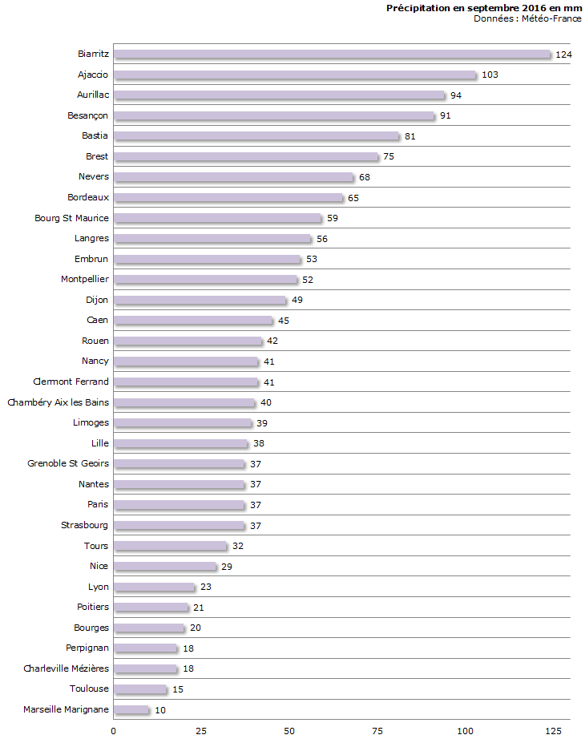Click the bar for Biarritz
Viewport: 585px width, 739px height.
[x=332, y=55]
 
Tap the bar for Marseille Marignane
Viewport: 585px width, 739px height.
[x=131, y=709]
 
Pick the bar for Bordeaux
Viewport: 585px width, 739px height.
[x=228, y=197]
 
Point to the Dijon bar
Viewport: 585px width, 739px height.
[x=200, y=300]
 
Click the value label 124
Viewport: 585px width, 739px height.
[x=564, y=55]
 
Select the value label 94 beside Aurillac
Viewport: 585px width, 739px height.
[x=456, y=95]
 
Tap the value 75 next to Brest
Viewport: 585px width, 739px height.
[x=389, y=156]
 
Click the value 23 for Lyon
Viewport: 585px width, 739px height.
[x=205, y=587]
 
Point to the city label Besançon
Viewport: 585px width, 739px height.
[x=88, y=115]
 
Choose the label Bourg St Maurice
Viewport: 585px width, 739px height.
[x=71, y=218]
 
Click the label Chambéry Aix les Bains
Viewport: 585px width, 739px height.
[x=58, y=402]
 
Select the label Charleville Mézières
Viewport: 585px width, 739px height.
[x=66, y=668]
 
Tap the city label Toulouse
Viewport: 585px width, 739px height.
[x=89, y=689]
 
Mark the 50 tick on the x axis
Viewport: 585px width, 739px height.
[x=289, y=730]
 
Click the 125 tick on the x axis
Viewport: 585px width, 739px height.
[x=553, y=730]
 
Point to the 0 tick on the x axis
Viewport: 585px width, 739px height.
[x=114, y=730]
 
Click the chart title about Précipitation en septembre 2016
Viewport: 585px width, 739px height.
[x=484, y=8]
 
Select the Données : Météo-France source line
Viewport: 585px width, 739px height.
[x=527, y=18]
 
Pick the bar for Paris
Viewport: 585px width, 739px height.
[x=179, y=504]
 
